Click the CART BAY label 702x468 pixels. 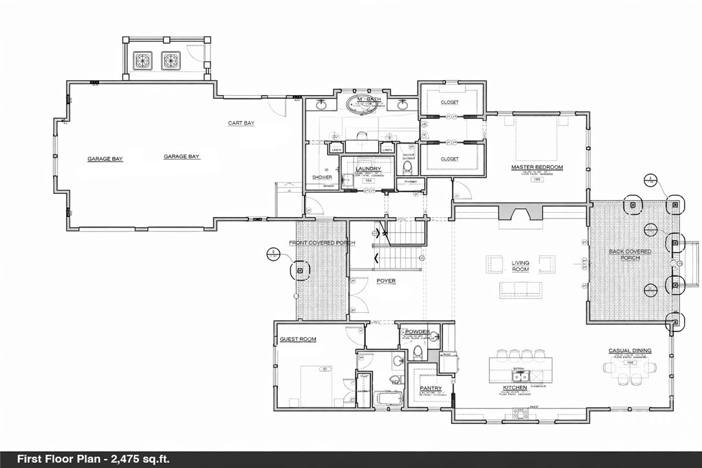pyautogui.click(x=240, y=123)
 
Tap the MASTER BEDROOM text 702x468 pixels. pyautogui.click(x=537, y=167)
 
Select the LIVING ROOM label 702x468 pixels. pyautogui.click(x=520, y=267)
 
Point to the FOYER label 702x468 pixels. pyautogui.click(x=386, y=281)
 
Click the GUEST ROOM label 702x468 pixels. pyautogui.click(x=297, y=339)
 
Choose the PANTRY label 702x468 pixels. pyautogui.click(x=431, y=388)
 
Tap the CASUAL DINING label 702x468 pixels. pyautogui.click(x=630, y=351)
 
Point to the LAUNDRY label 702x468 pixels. pyautogui.click(x=368, y=169)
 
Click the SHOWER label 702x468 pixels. pyautogui.click(x=322, y=177)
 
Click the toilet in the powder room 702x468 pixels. pyautogui.click(x=418, y=352)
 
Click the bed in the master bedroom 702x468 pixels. pyautogui.click(x=536, y=138)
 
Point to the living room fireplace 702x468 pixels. pyautogui.click(x=520, y=214)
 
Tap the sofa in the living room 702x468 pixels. pyautogui.click(x=521, y=290)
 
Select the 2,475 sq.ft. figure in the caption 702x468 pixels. pyautogui.click(x=136, y=459)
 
